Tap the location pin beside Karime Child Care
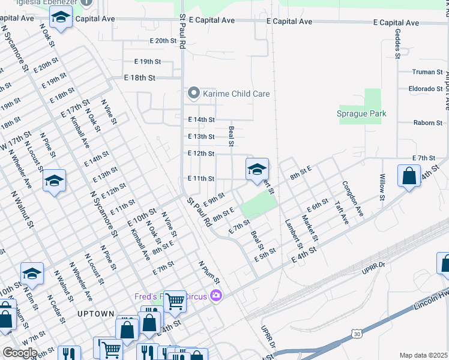pos(193,93)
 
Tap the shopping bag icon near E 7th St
pos(409,176)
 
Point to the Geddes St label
pos(398,43)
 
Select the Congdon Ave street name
pos(352,199)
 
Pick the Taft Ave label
pos(341,212)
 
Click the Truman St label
pos(427,72)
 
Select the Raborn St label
pos(427,122)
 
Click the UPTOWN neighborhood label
pos(95,314)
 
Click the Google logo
pos(20,353)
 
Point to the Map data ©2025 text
pos(423,355)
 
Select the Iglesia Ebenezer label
pos(51,2)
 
